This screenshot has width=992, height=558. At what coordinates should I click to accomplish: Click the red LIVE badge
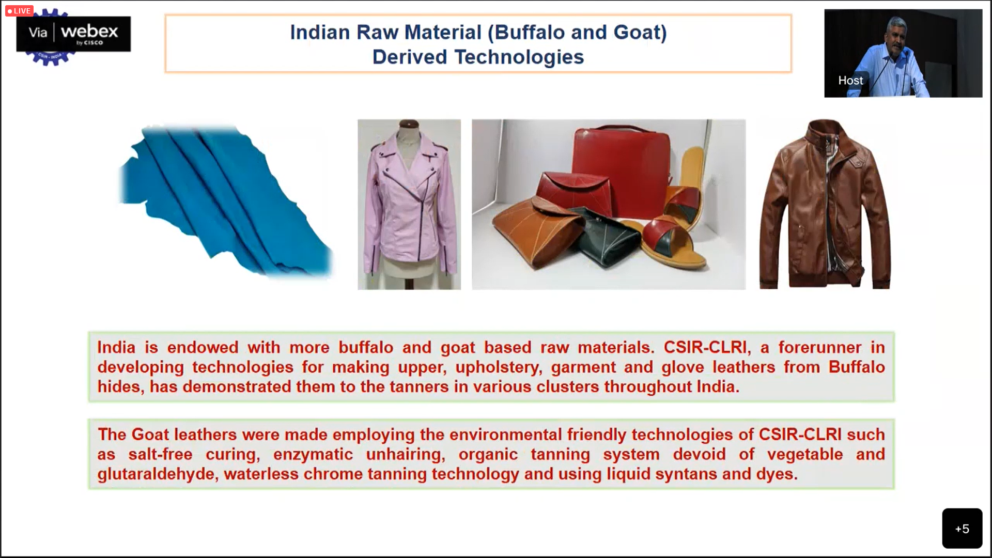(x=19, y=11)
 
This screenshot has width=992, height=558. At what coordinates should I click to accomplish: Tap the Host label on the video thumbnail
(x=850, y=81)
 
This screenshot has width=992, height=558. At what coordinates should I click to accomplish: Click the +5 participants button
(x=962, y=528)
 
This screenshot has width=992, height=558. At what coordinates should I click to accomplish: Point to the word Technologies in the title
(x=519, y=57)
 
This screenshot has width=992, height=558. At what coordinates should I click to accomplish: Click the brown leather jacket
(x=825, y=204)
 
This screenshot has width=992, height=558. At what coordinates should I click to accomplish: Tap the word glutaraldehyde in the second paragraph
(x=156, y=474)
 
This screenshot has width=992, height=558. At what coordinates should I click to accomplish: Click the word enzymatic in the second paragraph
(x=313, y=455)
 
